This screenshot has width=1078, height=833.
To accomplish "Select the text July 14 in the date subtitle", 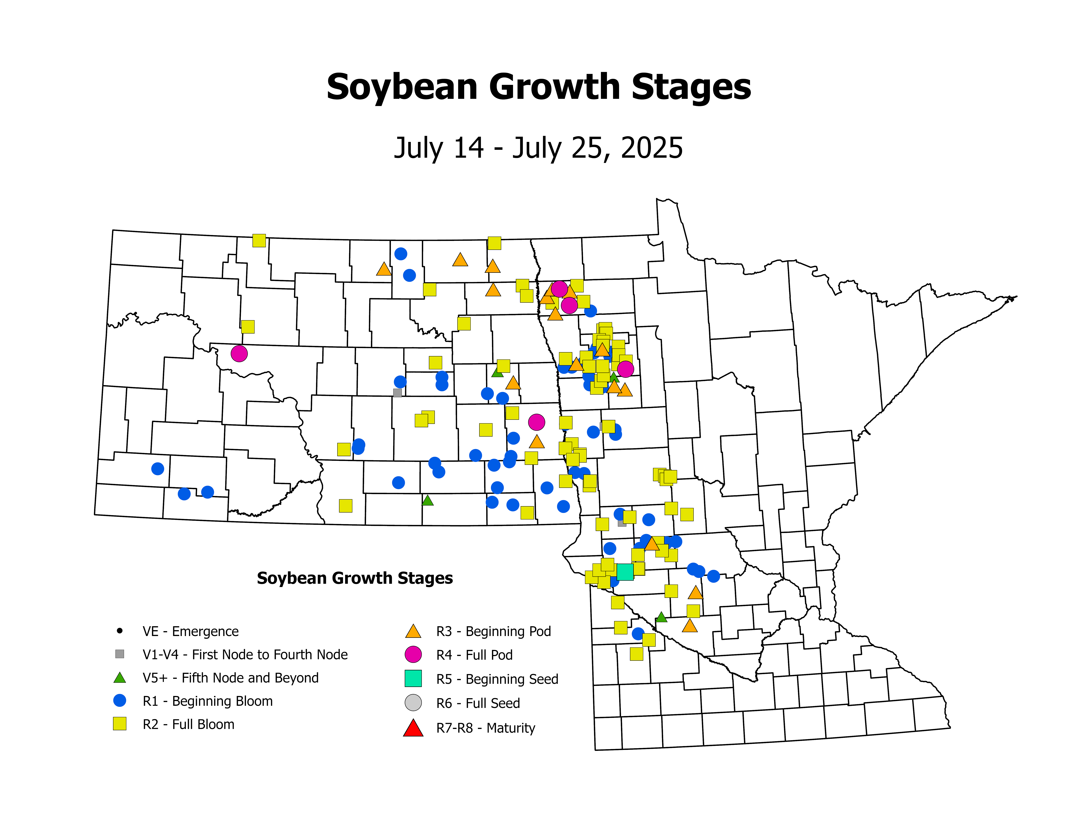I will click(438, 148).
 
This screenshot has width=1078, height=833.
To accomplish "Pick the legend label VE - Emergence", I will click(190, 631).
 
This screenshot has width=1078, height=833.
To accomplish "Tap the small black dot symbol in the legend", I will click(119, 631).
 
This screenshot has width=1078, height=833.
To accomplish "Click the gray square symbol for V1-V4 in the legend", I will click(119, 654).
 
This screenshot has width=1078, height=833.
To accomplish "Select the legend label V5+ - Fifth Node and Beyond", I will click(230, 678).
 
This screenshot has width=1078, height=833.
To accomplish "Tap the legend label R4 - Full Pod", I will click(474, 655).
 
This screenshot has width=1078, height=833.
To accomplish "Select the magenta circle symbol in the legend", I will click(413, 654).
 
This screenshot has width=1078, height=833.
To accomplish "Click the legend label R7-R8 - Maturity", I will click(486, 728).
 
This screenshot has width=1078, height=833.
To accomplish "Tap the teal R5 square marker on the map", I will click(625, 572).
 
